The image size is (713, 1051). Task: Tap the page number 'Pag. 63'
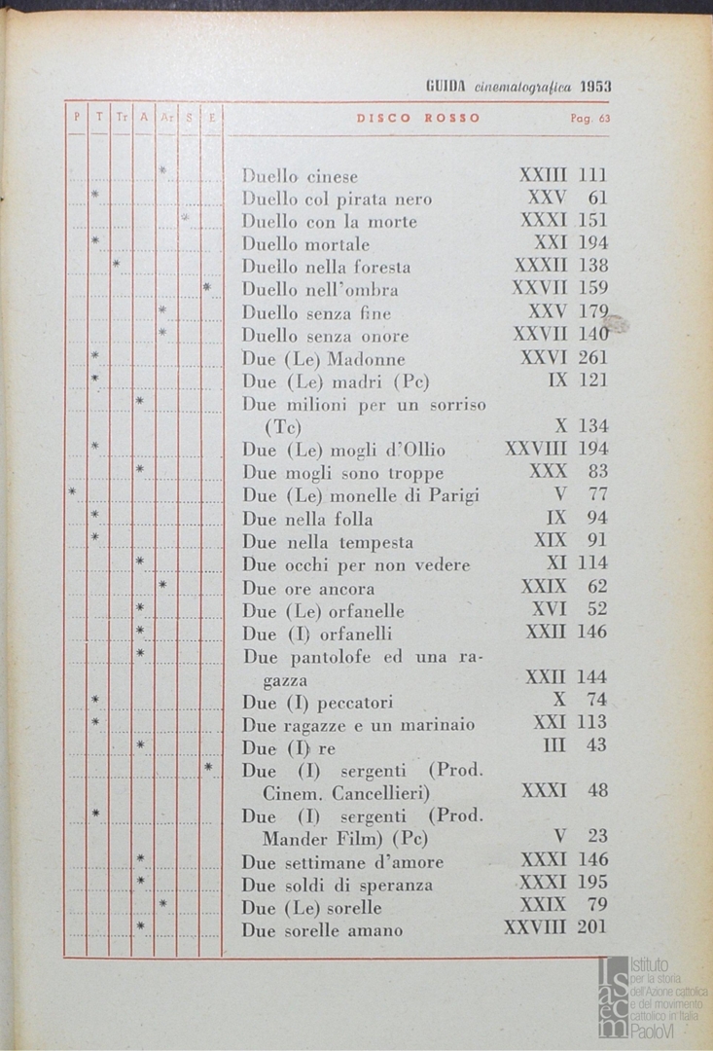589,119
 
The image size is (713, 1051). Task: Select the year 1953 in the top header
594,86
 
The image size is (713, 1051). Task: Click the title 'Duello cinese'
300,177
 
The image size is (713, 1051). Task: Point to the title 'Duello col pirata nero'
337,199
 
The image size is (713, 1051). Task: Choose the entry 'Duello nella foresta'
326,267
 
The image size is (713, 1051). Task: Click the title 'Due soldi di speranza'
338,886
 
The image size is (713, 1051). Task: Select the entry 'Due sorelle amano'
322,930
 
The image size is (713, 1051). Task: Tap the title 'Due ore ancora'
308,589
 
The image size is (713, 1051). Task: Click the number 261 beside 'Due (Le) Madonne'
591,358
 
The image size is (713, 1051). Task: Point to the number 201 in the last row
591,926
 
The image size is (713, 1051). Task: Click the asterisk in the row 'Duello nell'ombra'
207,288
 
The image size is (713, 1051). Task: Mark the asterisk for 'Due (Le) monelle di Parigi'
73,492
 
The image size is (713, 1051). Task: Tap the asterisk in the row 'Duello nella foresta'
116,264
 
